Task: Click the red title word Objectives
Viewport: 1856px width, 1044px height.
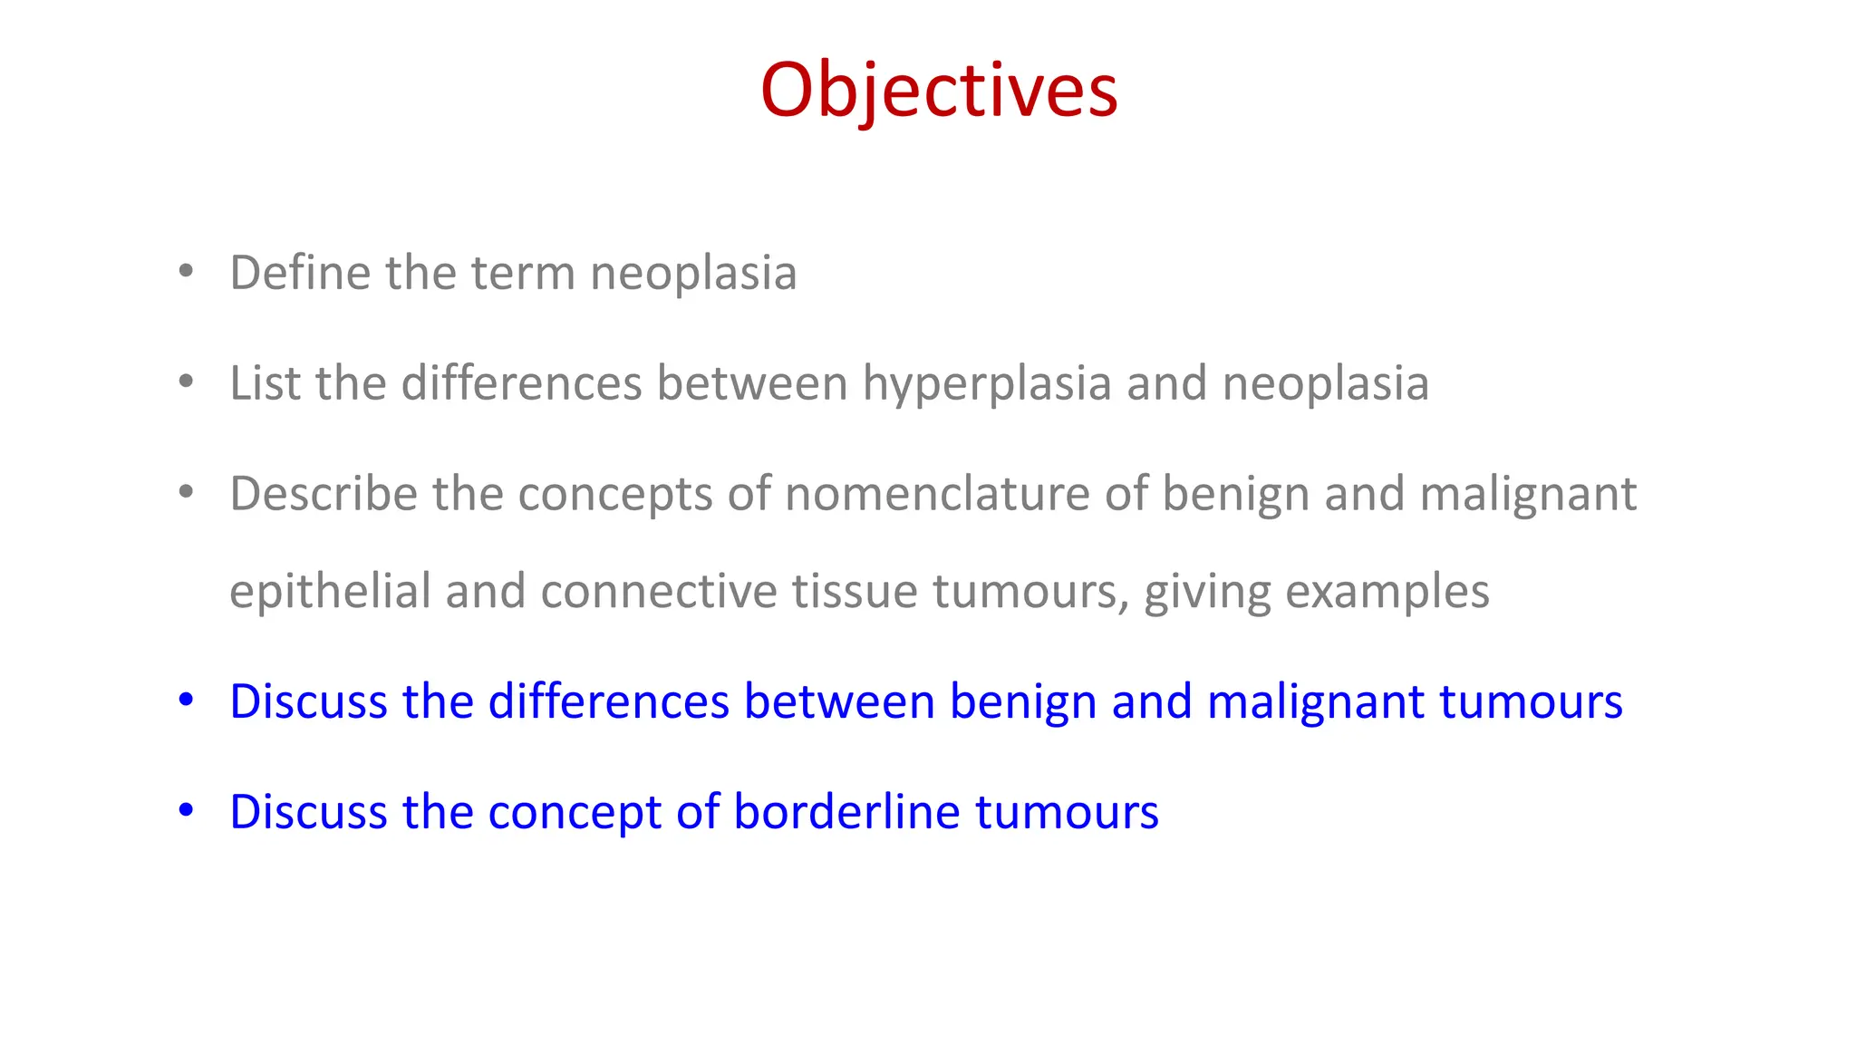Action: [939, 91]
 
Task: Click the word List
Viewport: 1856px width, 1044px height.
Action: [265, 383]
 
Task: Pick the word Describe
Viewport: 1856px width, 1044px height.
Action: [323, 494]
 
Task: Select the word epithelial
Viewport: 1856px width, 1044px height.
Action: [330, 592]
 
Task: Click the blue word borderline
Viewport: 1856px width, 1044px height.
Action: [846, 812]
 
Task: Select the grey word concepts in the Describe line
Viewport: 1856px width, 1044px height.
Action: [615, 496]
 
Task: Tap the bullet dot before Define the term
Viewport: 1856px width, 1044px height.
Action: [186, 272]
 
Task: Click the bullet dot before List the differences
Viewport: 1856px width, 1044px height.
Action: [186, 382]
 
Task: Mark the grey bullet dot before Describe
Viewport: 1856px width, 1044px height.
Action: [186, 493]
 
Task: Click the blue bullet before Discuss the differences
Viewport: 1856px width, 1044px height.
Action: [186, 701]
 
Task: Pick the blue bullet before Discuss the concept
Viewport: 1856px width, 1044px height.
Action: [186, 811]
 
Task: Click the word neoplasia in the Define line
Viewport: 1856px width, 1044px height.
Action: [693, 274]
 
